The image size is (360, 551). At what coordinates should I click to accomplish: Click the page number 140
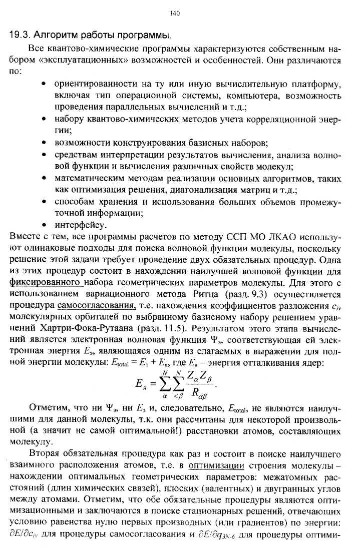tap(174, 14)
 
